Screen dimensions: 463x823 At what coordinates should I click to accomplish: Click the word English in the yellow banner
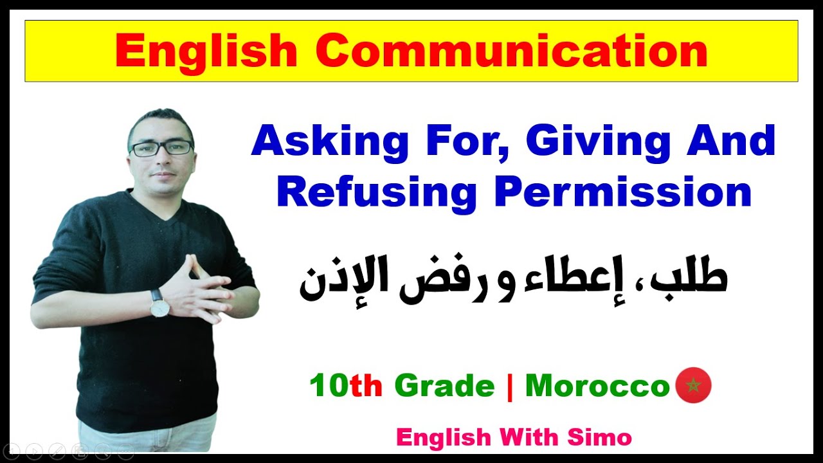(x=207, y=51)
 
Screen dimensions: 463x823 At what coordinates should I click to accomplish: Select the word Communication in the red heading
(x=512, y=51)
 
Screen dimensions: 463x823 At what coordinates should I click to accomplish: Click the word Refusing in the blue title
(x=376, y=192)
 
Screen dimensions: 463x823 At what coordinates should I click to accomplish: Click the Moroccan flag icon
(x=693, y=386)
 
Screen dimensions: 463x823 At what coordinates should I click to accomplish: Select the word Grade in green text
(x=444, y=386)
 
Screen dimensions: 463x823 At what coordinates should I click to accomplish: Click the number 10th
(x=346, y=386)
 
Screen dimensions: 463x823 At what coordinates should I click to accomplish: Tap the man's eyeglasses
(x=161, y=148)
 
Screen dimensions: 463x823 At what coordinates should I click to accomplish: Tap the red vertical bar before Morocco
(x=510, y=386)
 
